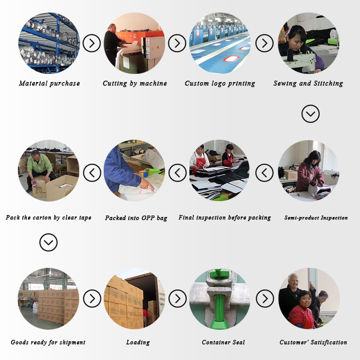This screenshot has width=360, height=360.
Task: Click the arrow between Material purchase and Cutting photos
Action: (92, 43)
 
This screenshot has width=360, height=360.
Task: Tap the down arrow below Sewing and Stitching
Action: (311, 114)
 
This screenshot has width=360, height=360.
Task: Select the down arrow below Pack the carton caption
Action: (48, 242)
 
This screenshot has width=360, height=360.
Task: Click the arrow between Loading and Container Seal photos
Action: (178, 299)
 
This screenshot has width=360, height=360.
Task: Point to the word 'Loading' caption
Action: (138, 342)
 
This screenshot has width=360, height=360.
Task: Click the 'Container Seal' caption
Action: (223, 342)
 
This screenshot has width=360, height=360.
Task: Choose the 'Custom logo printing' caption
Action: (220, 84)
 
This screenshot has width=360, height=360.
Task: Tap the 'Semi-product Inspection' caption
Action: (316, 217)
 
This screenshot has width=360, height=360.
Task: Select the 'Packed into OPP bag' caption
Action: (136, 218)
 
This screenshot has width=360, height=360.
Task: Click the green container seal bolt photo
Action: (220, 299)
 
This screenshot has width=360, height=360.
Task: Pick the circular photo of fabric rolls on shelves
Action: (49, 43)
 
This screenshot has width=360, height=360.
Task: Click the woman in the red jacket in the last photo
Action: (301, 310)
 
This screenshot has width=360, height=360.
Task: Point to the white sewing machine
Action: (299, 60)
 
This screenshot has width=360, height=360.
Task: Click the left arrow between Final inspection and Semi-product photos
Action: (264, 173)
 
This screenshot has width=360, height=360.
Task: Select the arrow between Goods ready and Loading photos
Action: (92, 299)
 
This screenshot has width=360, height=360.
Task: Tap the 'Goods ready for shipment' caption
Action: (48, 342)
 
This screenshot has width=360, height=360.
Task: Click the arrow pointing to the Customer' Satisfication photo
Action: (264, 299)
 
